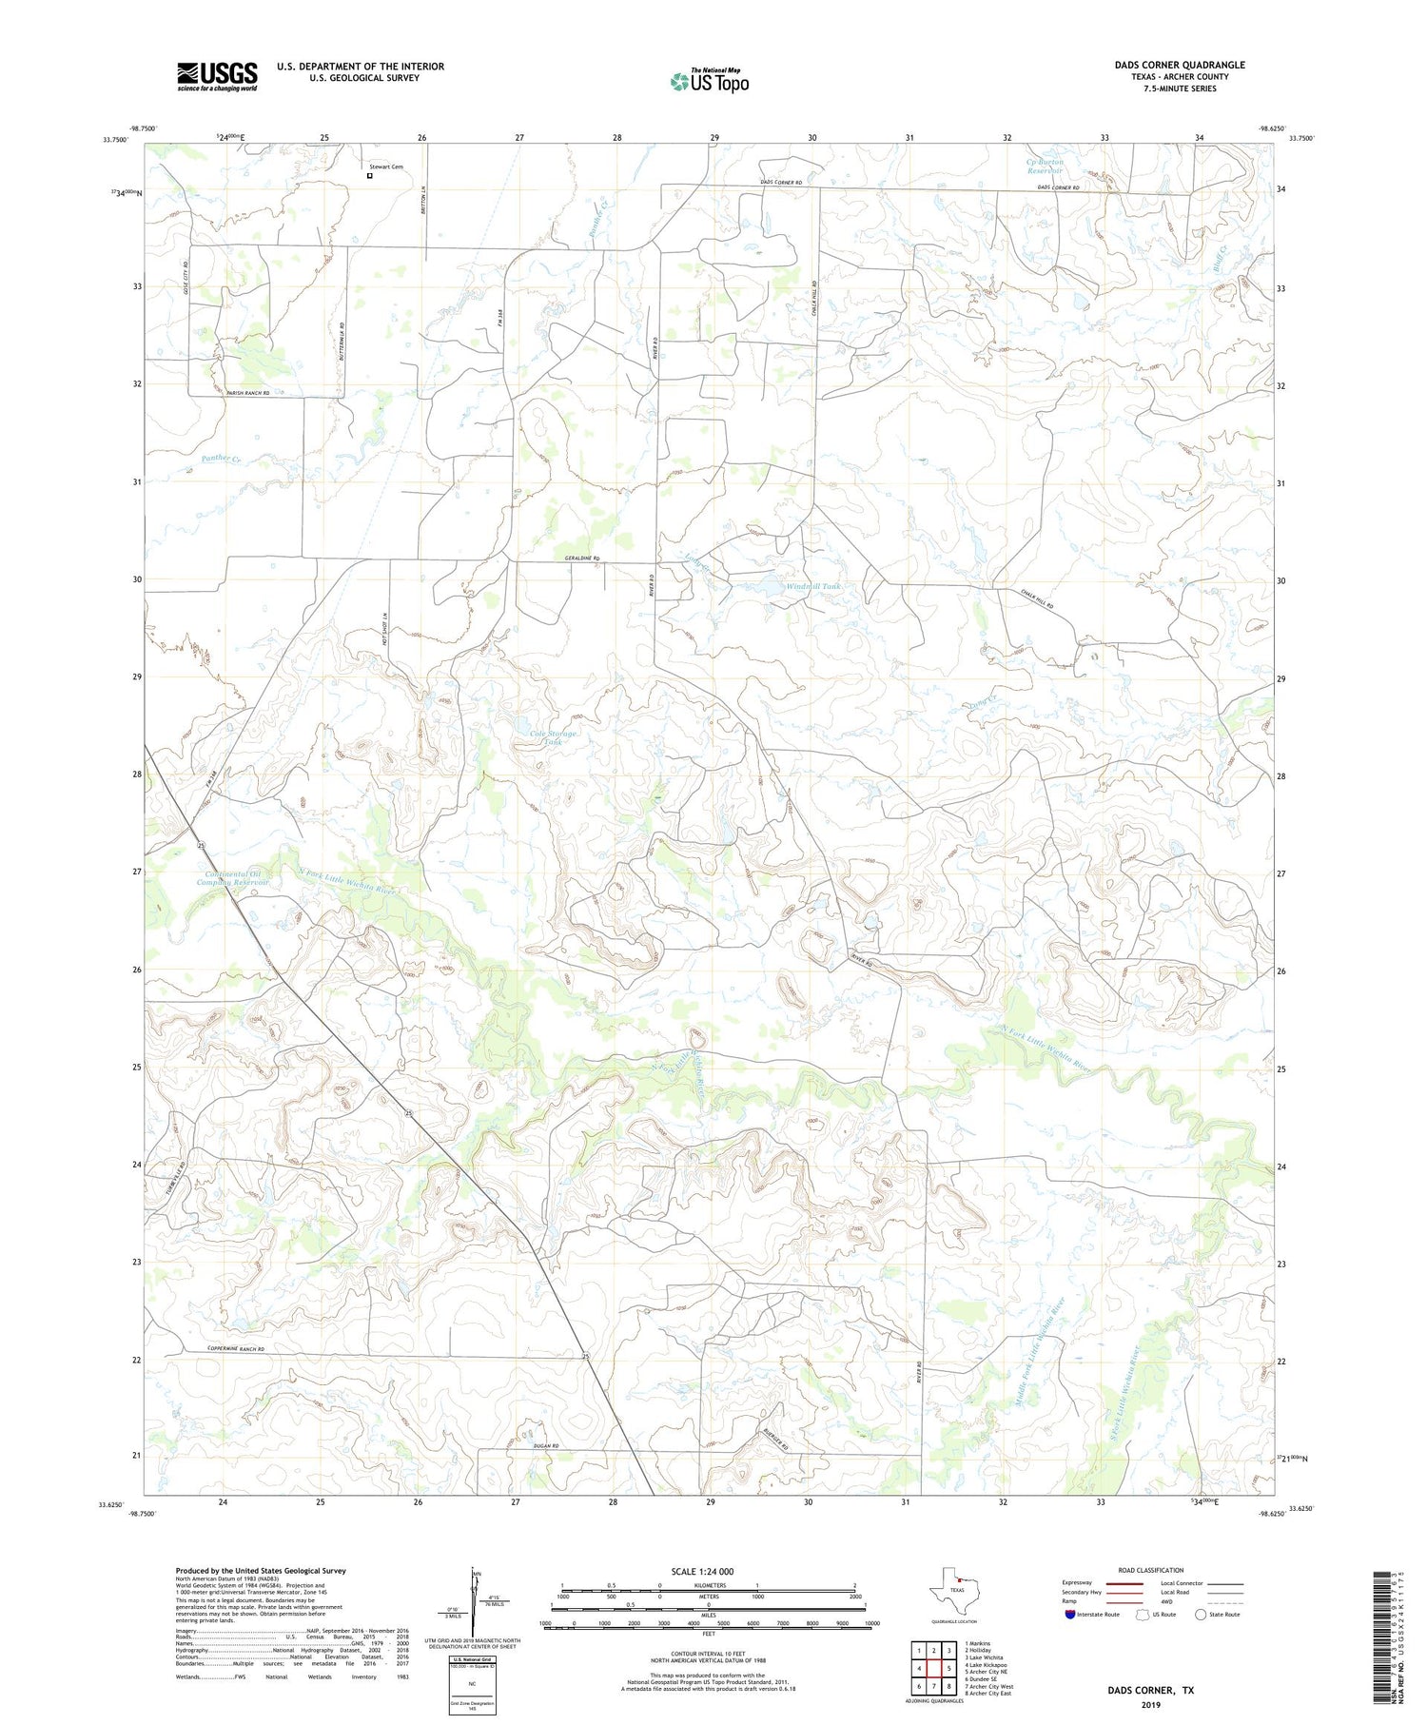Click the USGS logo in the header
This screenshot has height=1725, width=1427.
click(x=217, y=76)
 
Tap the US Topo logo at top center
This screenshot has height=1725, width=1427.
click(x=709, y=80)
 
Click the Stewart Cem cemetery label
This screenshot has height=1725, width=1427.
click(x=386, y=167)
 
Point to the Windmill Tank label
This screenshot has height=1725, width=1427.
click(x=813, y=587)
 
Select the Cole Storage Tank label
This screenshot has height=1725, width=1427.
click(x=553, y=736)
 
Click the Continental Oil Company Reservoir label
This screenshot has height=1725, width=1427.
click(x=233, y=877)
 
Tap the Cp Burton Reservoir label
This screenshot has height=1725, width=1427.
click(x=1045, y=167)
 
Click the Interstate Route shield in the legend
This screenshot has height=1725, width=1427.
click(x=1070, y=1615)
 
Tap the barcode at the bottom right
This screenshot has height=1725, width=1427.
click(x=1395, y=1623)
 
